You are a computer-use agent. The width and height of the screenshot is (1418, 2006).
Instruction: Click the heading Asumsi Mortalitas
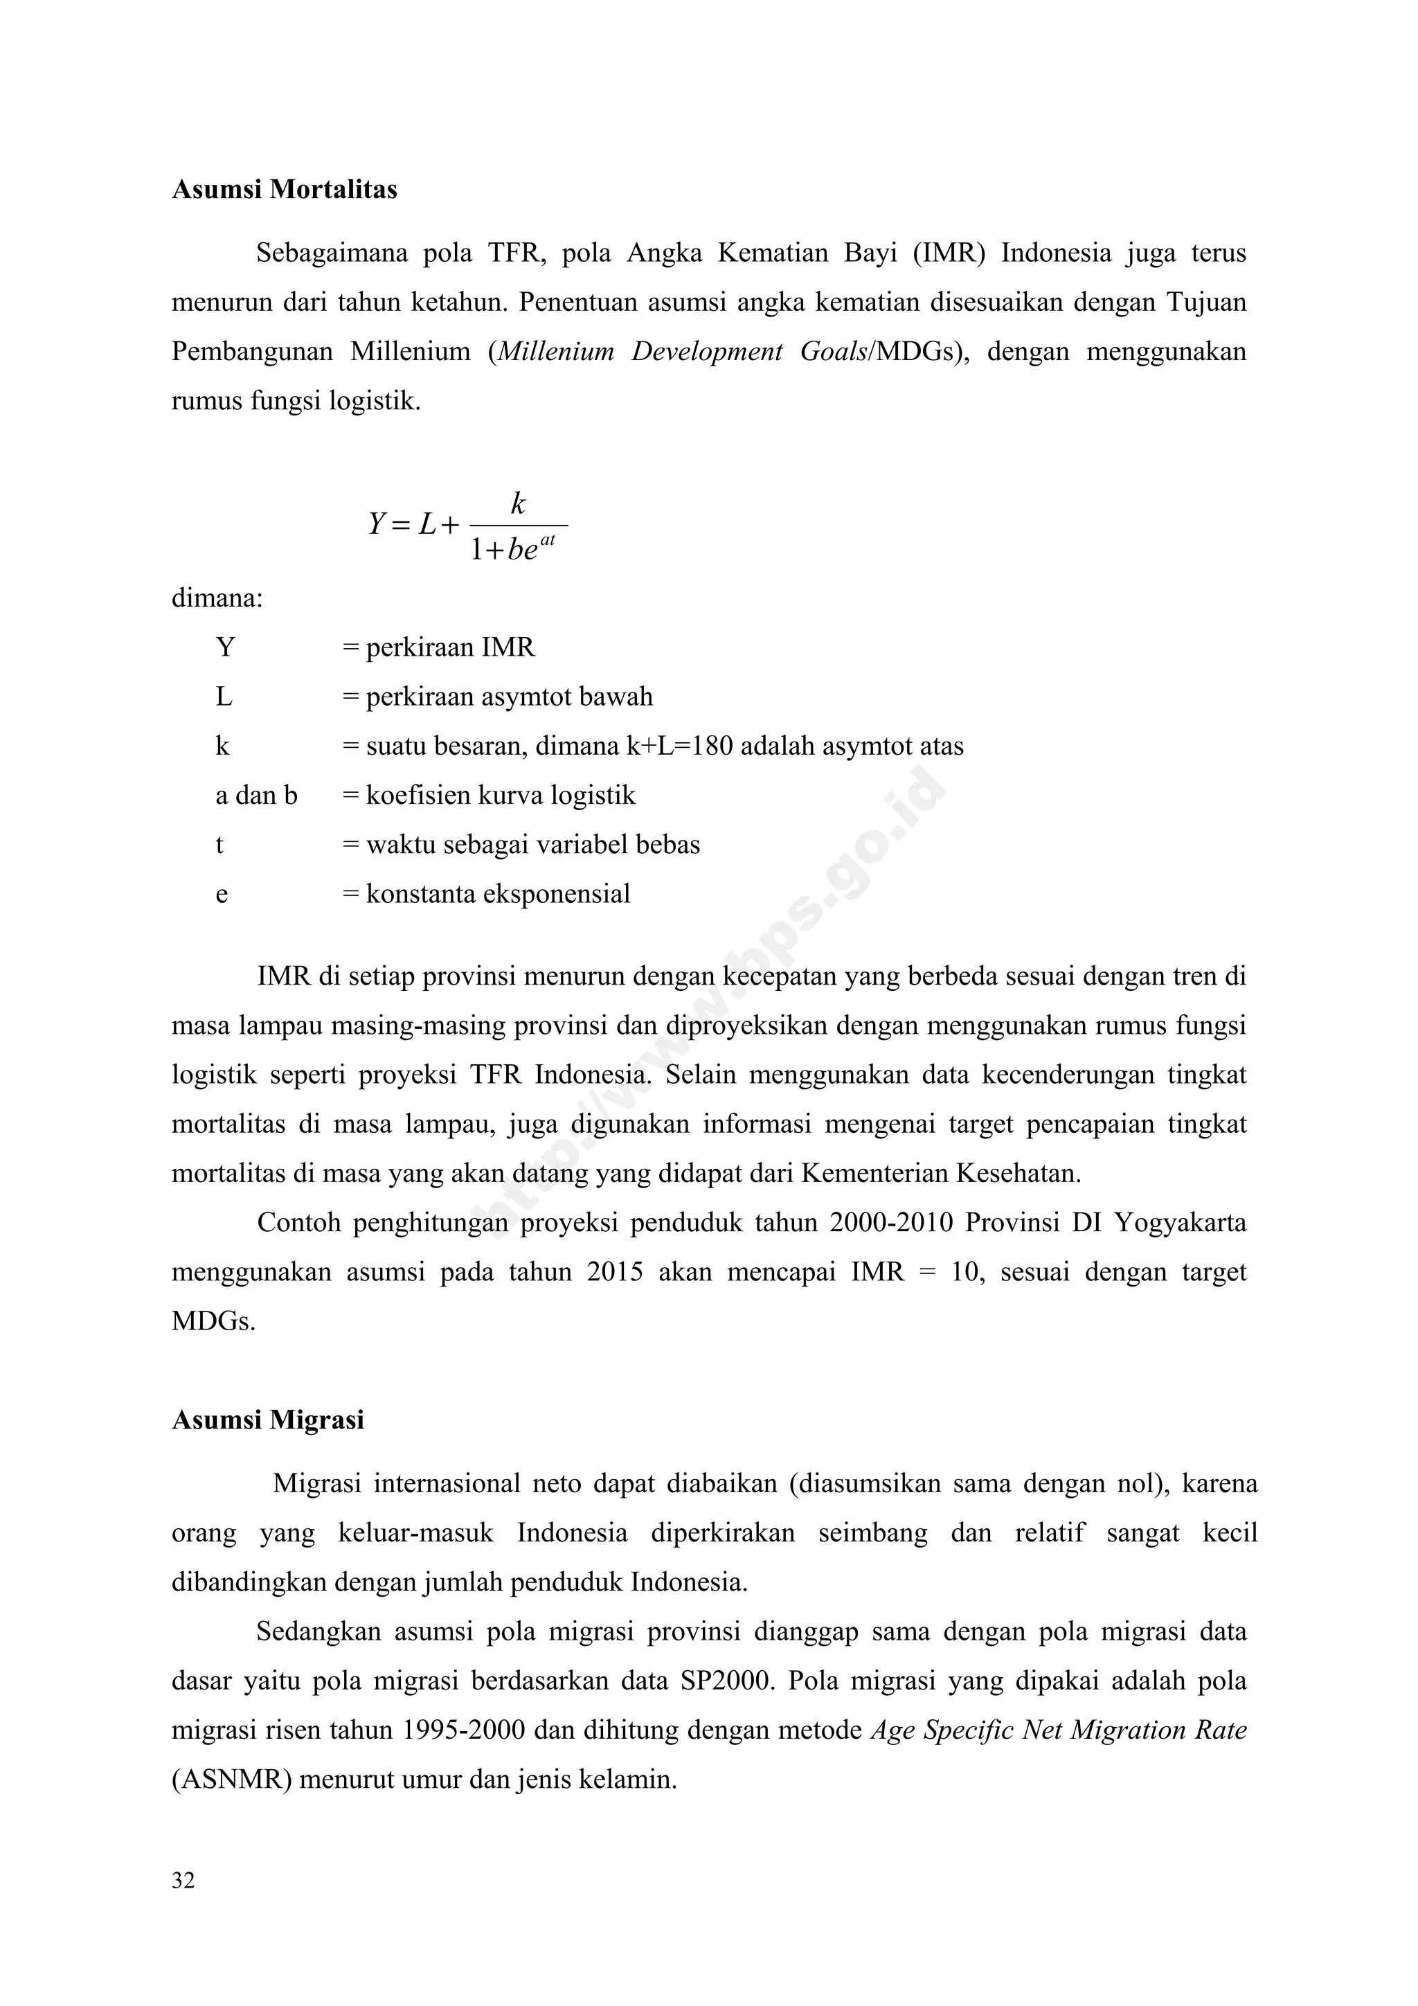coord(284,190)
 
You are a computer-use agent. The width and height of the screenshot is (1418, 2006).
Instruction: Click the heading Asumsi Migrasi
coord(267,1420)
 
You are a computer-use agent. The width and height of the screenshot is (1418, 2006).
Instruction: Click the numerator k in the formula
coord(518,503)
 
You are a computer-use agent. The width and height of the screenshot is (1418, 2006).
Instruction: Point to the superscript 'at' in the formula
coord(548,541)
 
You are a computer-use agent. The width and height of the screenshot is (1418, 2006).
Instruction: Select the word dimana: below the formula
coord(217,600)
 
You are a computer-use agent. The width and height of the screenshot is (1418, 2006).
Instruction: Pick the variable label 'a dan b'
coord(256,795)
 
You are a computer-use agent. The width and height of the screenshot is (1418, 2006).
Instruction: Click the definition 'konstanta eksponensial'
coord(497,894)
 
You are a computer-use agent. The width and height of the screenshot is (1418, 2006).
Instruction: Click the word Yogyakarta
coord(1180,1222)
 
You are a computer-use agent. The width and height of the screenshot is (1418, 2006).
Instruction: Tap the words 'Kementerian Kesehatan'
coord(940,1172)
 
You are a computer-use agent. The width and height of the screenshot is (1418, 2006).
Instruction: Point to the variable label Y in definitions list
coord(226,647)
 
